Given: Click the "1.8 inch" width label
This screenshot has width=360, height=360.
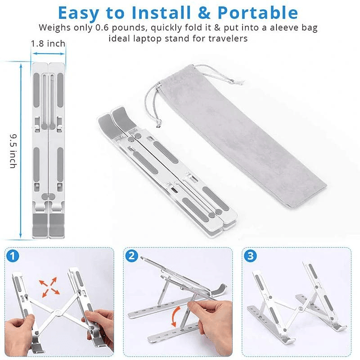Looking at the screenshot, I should click(48, 44).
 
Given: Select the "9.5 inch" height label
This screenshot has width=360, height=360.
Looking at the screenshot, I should click(13, 150).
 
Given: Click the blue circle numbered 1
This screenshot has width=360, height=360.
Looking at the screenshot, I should click(14, 256).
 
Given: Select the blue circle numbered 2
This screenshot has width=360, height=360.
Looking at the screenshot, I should click(132, 256).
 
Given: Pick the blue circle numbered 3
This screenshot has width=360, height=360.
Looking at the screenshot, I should click(250, 256).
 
